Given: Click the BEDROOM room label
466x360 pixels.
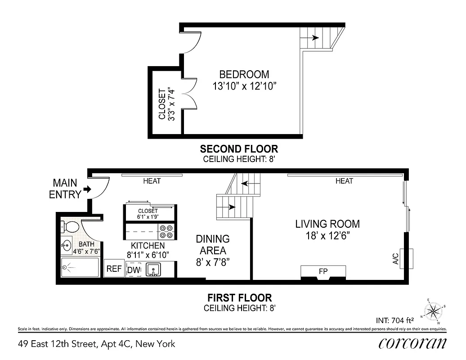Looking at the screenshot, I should coord(244,74).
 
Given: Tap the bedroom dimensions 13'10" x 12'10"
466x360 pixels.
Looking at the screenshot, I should coord(244,86).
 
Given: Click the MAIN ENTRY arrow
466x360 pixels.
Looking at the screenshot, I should coord(86,189).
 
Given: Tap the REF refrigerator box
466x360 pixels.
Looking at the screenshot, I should coord(114,269).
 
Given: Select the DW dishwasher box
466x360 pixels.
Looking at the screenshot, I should coord(133,270).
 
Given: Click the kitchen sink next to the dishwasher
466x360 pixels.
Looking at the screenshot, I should coord(154,270).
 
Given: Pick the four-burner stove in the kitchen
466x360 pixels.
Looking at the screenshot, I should coord(166,231).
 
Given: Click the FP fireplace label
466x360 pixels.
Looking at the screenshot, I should coord(323,271).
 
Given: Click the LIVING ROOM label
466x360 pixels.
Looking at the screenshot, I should coord(327,224).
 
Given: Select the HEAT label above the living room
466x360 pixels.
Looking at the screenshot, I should coord(344,181).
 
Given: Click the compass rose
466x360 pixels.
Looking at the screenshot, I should coord(434,311).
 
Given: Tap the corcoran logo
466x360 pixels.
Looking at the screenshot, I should coord(412,344).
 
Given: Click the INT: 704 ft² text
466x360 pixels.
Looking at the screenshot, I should coord(394,321).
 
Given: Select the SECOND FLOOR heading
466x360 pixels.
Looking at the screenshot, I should coord(238,148).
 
